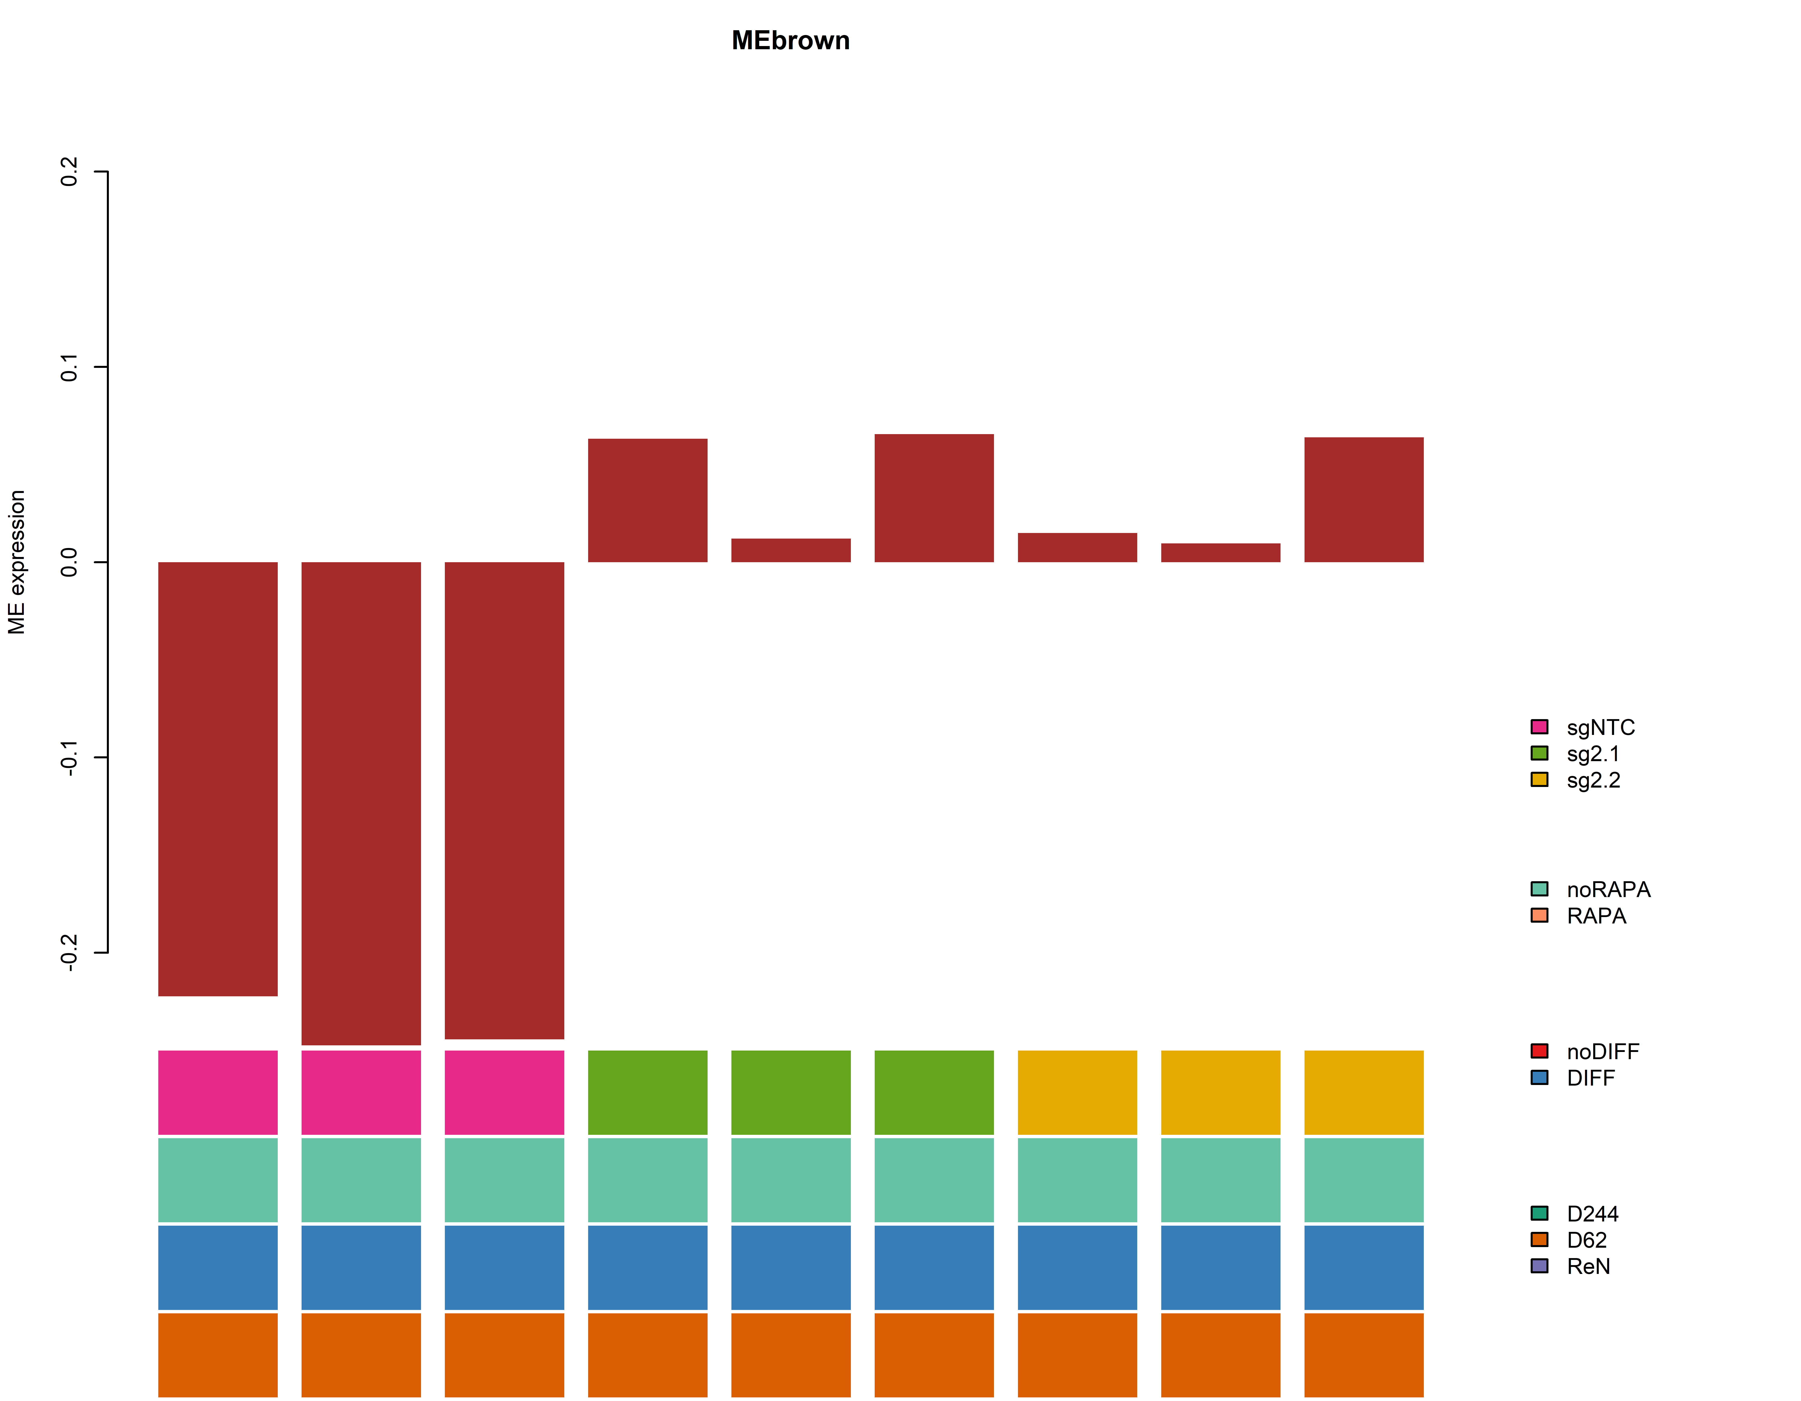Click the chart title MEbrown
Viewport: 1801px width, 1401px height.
(790, 40)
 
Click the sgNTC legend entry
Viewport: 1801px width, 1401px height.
(1600, 727)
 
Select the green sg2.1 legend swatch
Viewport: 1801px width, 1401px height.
(1539, 753)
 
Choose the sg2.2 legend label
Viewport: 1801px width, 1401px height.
(1593, 780)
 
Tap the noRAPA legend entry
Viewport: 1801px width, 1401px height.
(1608, 890)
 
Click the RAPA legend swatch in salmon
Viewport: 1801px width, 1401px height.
(1539, 915)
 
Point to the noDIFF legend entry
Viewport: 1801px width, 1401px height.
(1602, 1051)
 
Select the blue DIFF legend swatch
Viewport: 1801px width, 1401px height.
(1539, 1078)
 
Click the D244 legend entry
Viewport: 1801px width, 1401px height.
(1591, 1214)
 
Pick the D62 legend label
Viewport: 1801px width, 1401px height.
(1587, 1240)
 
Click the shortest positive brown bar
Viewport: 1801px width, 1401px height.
(1220, 552)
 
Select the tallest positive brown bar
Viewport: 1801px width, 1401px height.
(934, 498)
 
